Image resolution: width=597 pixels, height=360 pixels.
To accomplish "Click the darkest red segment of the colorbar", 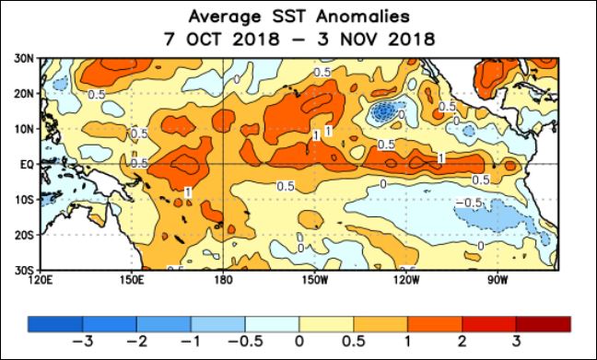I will tap(543, 322).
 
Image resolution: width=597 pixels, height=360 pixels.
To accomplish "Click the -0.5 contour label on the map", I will tap(471, 202).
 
